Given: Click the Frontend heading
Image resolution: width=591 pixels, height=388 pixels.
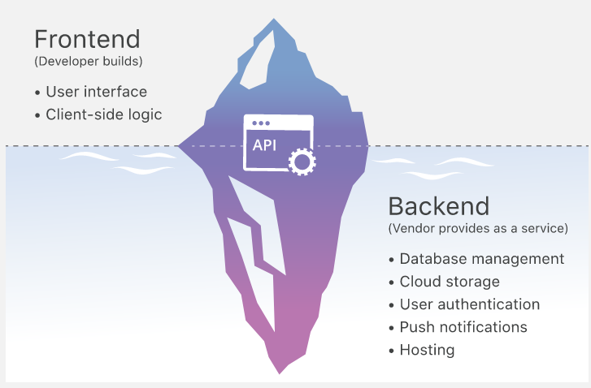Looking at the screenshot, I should tap(87, 39).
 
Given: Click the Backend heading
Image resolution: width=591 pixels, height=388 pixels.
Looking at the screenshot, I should tap(439, 205).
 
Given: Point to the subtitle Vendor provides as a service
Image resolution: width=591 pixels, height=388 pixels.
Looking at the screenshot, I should tap(478, 229).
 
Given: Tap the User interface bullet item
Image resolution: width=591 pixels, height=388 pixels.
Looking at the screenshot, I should tap(96, 91).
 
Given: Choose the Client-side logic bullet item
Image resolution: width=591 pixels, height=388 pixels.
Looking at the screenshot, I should tap(103, 114).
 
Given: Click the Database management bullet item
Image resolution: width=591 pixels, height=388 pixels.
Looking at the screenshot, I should tap(481, 259).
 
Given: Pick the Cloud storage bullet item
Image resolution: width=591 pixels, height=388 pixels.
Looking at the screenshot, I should tap(450, 282).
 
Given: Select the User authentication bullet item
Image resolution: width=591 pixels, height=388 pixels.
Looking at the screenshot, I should tap(469, 304).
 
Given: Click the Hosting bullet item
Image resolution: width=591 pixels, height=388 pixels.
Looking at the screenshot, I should tap(427, 351).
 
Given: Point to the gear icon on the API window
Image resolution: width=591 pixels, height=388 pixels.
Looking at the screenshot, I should tap(303, 162).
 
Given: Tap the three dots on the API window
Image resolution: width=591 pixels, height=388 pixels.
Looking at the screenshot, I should tap(260, 123).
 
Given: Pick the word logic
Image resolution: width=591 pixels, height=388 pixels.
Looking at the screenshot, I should tap(145, 114).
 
